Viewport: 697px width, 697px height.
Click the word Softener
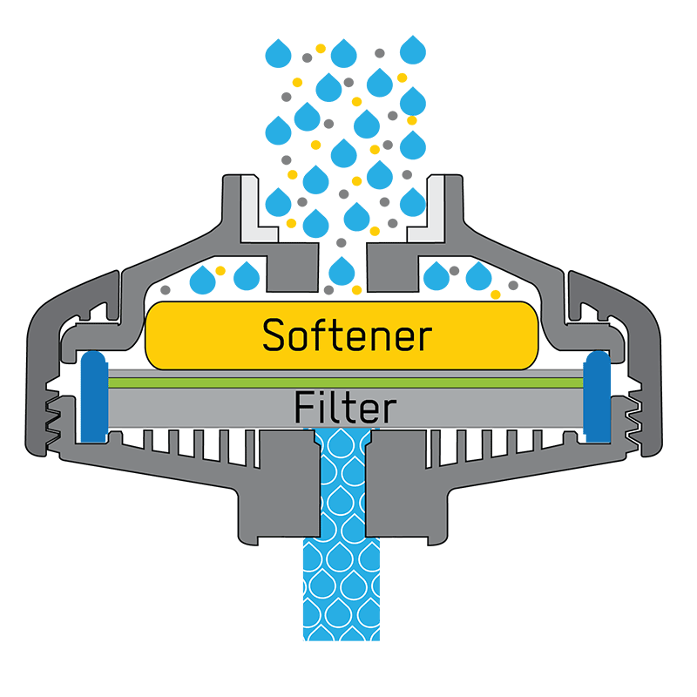pyautogui.click(x=346, y=335)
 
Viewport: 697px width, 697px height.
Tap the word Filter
pyautogui.click(x=345, y=407)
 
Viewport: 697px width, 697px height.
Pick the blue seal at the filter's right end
pyautogui.click(x=597, y=396)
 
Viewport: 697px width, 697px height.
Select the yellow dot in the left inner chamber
pyautogui.click(x=220, y=271)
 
